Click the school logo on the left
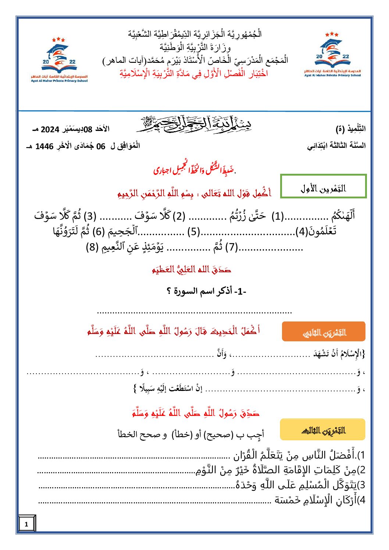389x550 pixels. coord(59,59)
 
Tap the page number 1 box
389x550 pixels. coord(26,524)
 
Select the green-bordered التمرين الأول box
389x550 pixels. coord(323,186)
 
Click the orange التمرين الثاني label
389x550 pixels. coord(324,332)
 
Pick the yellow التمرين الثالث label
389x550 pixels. coord(322,429)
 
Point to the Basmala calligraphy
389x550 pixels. coord(194,124)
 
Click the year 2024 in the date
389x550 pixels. coord(50,129)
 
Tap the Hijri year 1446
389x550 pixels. coord(44,147)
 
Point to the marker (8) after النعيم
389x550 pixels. coord(92,247)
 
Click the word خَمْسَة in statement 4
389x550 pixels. coord(287,500)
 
